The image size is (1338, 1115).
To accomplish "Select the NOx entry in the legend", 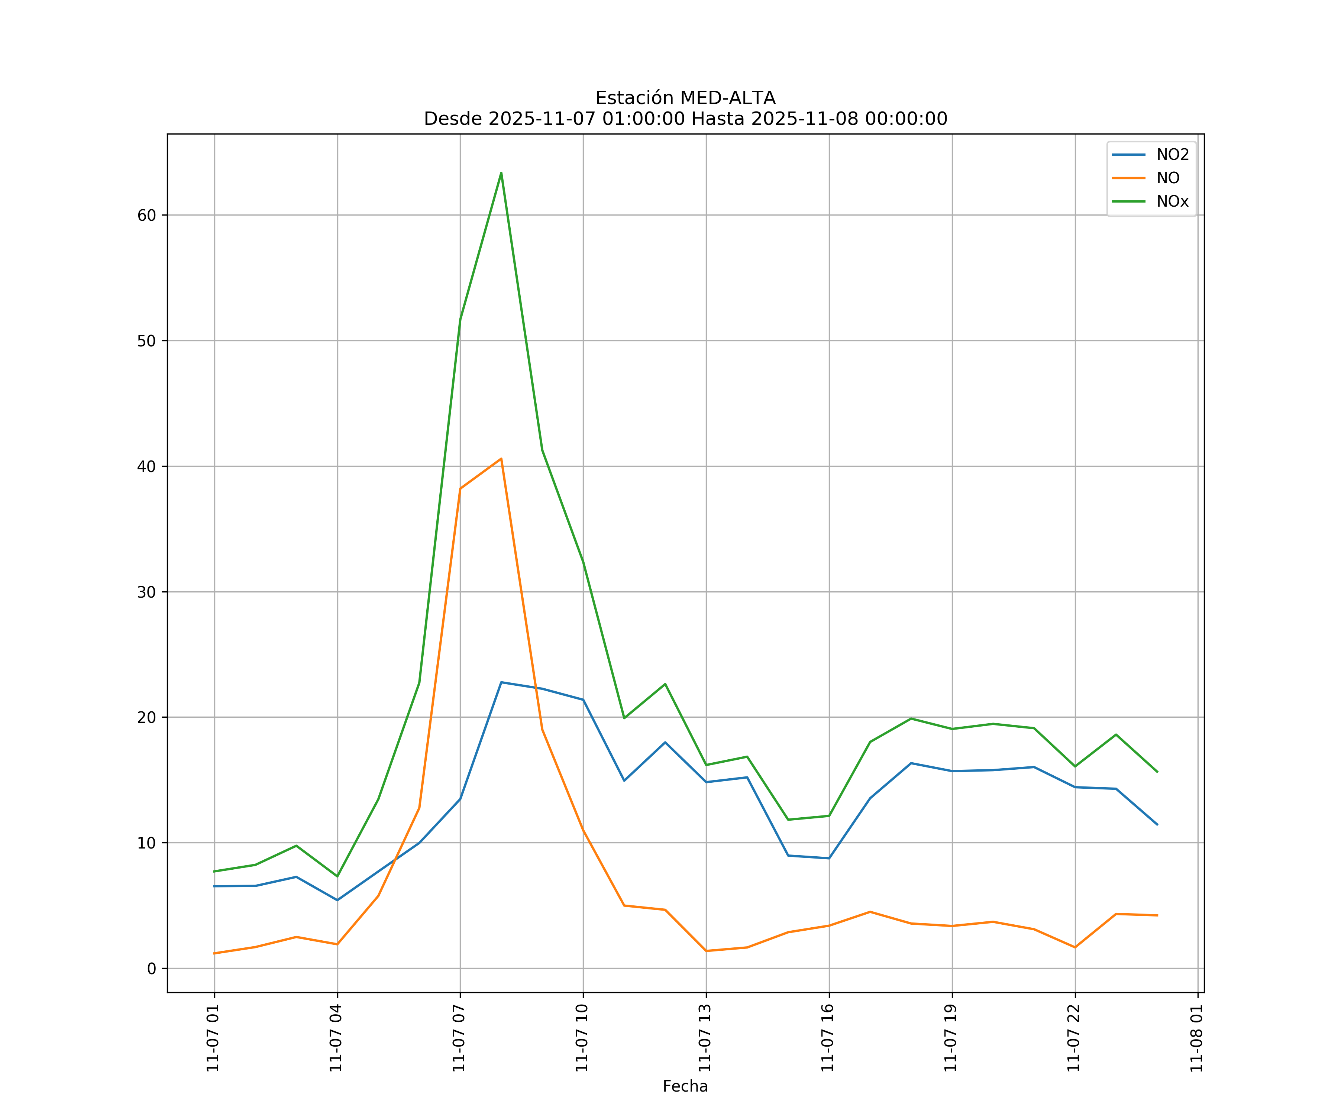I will tap(1172, 202).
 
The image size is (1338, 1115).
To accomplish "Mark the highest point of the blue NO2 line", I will tap(501, 682).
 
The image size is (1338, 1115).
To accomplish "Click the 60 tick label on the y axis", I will tap(146, 215).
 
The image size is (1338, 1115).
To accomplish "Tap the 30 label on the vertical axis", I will tap(146, 592).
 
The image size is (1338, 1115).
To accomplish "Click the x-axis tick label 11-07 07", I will tap(459, 1038).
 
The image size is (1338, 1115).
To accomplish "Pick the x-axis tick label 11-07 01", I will tap(213, 1038).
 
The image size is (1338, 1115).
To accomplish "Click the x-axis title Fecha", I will tap(685, 1086).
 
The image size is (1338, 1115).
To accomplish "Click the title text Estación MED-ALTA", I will tap(685, 98).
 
